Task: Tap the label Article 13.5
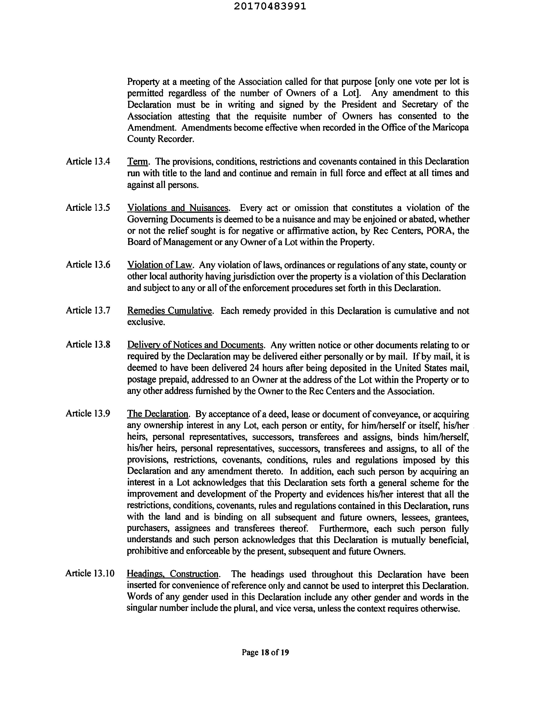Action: point(88,208)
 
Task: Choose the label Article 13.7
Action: point(88,310)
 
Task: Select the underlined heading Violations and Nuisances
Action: point(178,208)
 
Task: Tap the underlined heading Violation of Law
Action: point(160,265)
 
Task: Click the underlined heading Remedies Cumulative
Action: point(170,311)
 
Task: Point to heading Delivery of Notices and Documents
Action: point(195,345)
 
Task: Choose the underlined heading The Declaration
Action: point(158,414)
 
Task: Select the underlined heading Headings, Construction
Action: point(173,574)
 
